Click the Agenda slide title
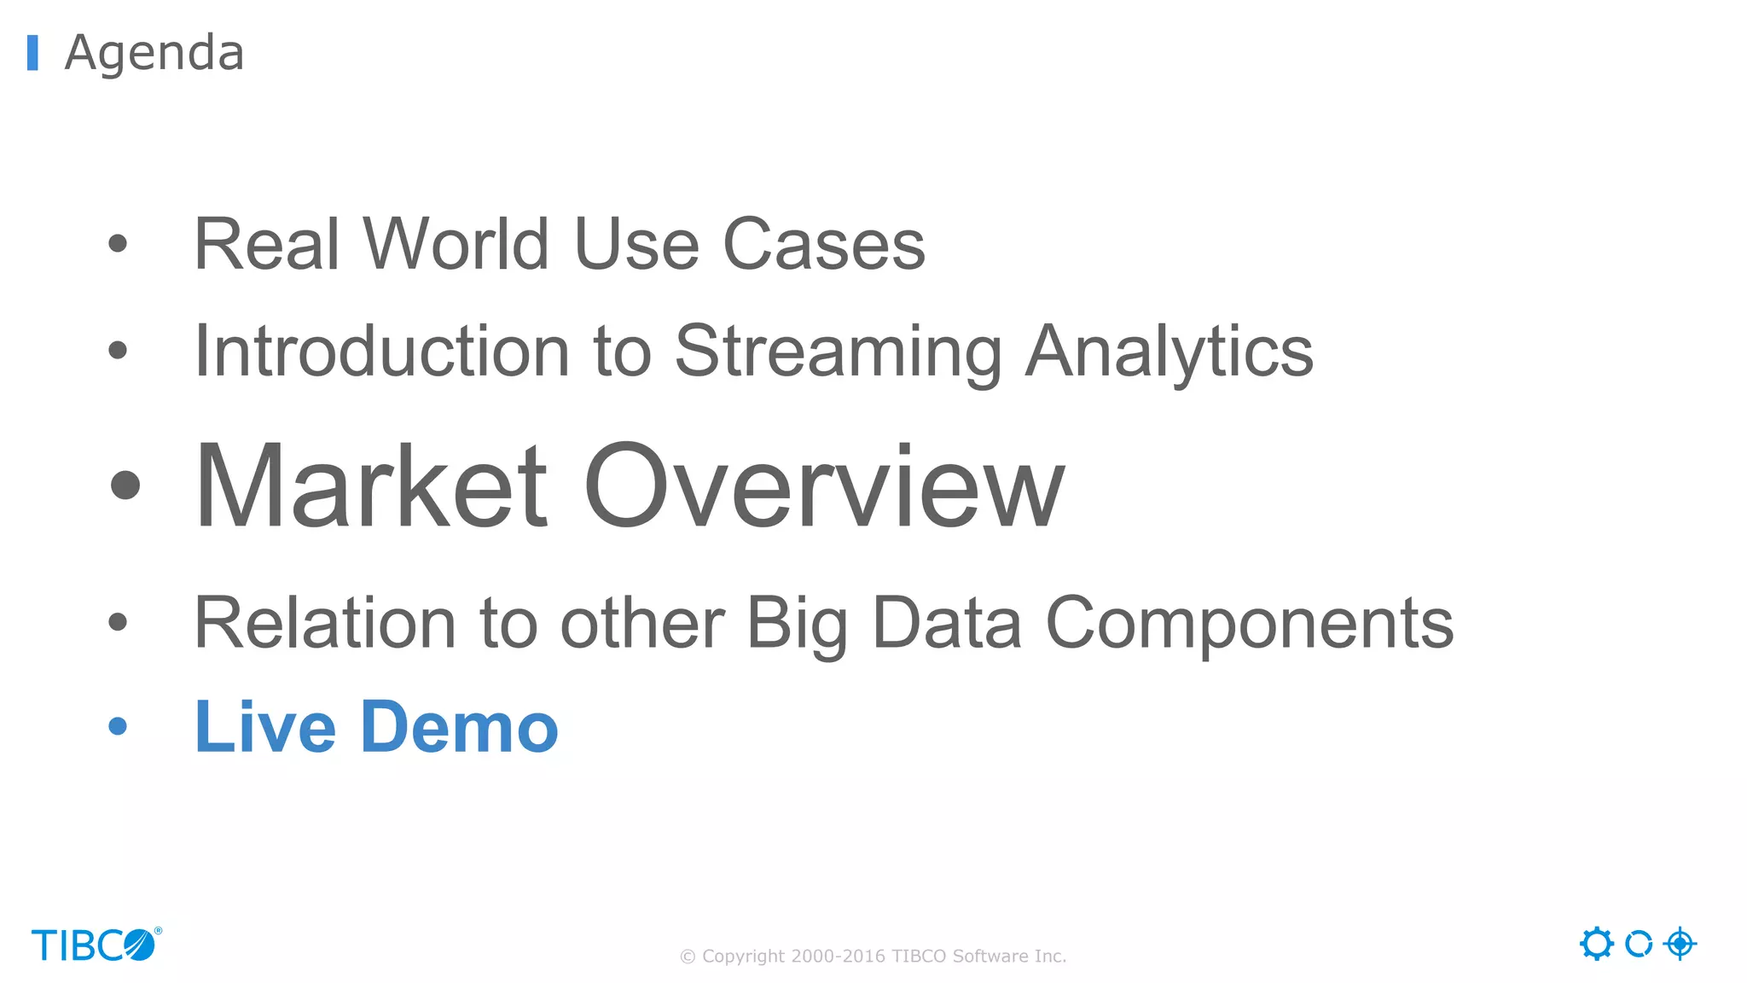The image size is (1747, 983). point(154,53)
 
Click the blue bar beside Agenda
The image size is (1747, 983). point(33,53)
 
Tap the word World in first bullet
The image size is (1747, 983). point(456,245)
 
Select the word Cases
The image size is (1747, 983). point(823,245)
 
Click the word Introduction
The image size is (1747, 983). point(381,352)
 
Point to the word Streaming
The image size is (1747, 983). point(838,352)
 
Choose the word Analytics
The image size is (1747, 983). point(1169,352)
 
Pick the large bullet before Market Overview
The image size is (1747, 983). point(125,486)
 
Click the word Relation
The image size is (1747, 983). point(325,624)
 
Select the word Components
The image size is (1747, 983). point(1249,624)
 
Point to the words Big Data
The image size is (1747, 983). point(884,624)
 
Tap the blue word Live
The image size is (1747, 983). point(265,727)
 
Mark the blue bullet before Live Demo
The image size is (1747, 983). point(118,726)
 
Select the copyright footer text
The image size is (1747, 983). point(873,957)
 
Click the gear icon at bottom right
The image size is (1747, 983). point(1596,944)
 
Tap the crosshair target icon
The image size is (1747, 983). point(1680,944)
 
